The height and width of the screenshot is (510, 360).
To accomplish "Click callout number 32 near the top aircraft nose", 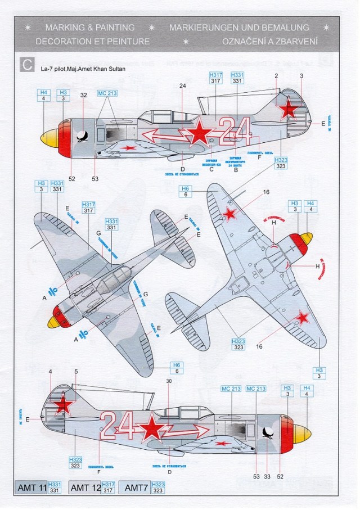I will coord(83,95).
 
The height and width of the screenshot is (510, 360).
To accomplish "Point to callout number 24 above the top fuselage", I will coord(182,86).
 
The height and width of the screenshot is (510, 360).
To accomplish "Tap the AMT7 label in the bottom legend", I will coord(136,488).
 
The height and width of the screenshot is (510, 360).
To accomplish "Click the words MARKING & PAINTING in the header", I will coord(89,27).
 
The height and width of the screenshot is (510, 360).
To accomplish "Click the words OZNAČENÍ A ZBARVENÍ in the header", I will coord(270,41).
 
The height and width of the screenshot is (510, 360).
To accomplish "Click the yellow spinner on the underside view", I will coord(307,242).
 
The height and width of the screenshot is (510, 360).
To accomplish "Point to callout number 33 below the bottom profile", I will coord(267,476).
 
